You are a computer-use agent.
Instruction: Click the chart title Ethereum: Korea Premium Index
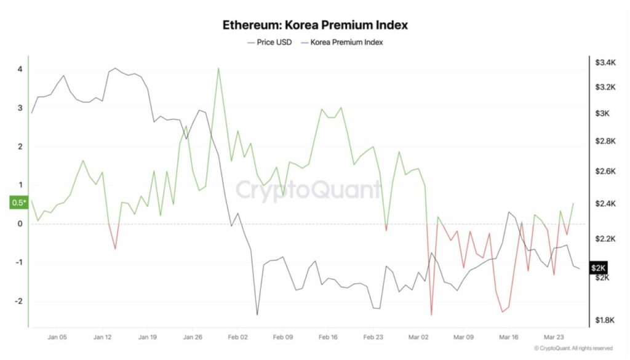[315, 25]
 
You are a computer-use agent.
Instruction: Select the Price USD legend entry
[269, 42]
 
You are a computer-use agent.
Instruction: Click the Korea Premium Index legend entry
[341, 42]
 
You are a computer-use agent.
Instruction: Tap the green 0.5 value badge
[18, 203]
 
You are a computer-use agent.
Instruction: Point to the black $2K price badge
[598, 268]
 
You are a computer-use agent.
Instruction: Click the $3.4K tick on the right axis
[605, 62]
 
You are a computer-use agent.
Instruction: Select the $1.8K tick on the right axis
[605, 320]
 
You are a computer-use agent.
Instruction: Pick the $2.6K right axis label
[605, 170]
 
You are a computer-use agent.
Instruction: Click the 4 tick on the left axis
[20, 69]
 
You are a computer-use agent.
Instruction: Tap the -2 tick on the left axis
[18, 302]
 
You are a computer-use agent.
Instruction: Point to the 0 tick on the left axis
[20, 224]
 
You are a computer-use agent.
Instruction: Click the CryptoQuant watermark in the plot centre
[309, 190]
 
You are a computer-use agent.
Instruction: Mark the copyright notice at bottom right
[573, 348]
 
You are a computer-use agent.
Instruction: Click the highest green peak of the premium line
[218, 68]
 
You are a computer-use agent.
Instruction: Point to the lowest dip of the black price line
[257, 314]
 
